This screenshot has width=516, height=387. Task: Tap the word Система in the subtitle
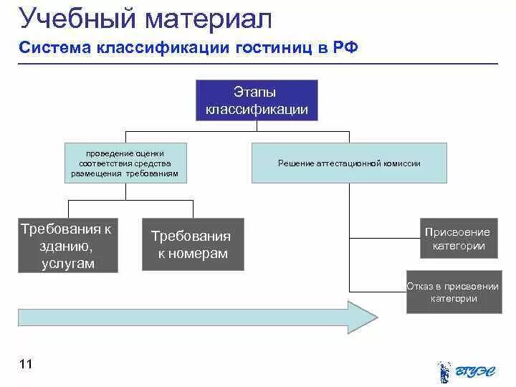coord(54,48)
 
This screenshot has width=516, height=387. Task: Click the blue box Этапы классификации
coord(257,100)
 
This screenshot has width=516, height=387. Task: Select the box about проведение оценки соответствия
coord(125,163)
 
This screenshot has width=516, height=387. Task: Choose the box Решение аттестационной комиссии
coord(349,163)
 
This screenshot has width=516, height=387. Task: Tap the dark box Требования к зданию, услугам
coord(67,246)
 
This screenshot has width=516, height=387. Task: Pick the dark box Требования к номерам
coord(193,244)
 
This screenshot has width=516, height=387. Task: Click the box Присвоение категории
coord(457,239)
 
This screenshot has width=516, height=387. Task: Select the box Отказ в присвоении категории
coord(454,292)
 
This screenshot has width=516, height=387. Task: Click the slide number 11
coord(27,365)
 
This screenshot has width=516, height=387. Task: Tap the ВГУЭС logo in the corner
coord(467,371)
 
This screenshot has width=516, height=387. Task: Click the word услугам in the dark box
coord(68,263)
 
